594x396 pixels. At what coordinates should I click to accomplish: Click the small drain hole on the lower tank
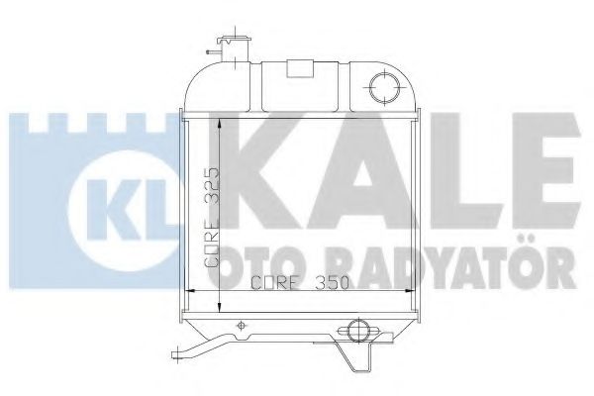[x=242, y=324]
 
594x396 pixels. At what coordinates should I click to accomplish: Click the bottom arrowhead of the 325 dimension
[x=216, y=286]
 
